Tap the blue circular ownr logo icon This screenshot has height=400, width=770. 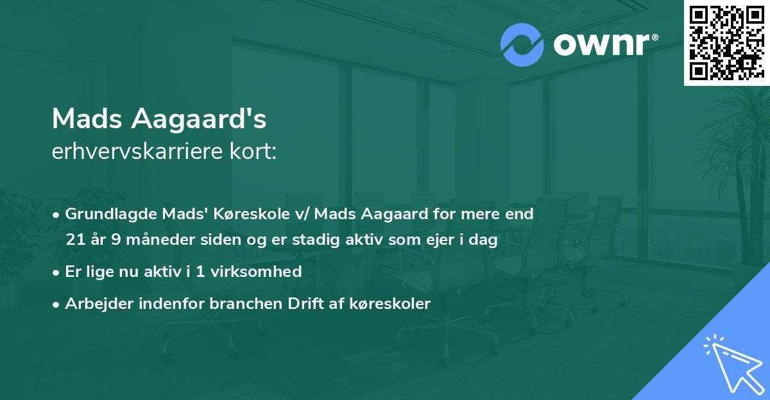(x=522, y=45)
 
